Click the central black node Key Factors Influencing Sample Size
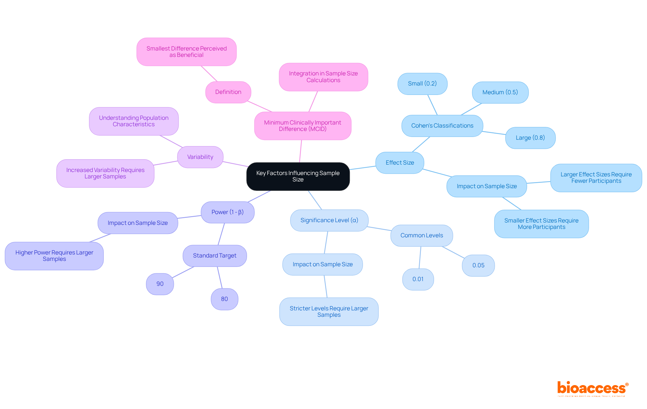click(x=298, y=176)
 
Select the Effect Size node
click(x=400, y=163)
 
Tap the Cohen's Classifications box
click(x=442, y=126)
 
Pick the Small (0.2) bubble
click(x=422, y=84)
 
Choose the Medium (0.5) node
click(x=500, y=93)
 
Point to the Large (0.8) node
click(x=530, y=138)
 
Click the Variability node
click(x=200, y=157)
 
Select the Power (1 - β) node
click(x=227, y=212)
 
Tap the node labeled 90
click(x=160, y=284)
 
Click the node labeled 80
click(x=224, y=299)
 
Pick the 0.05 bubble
click(x=478, y=266)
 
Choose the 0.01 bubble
click(x=418, y=279)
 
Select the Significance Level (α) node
click(x=329, y=220)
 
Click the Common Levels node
click(x=422, y=236)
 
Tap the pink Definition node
click(x=228, y=92)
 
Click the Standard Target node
click(x=215, y=256)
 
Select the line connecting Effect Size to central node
click(x=363, y=168)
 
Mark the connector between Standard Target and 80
click(x=220, y=278)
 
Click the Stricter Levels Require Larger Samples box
click(x=329, y=312)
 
